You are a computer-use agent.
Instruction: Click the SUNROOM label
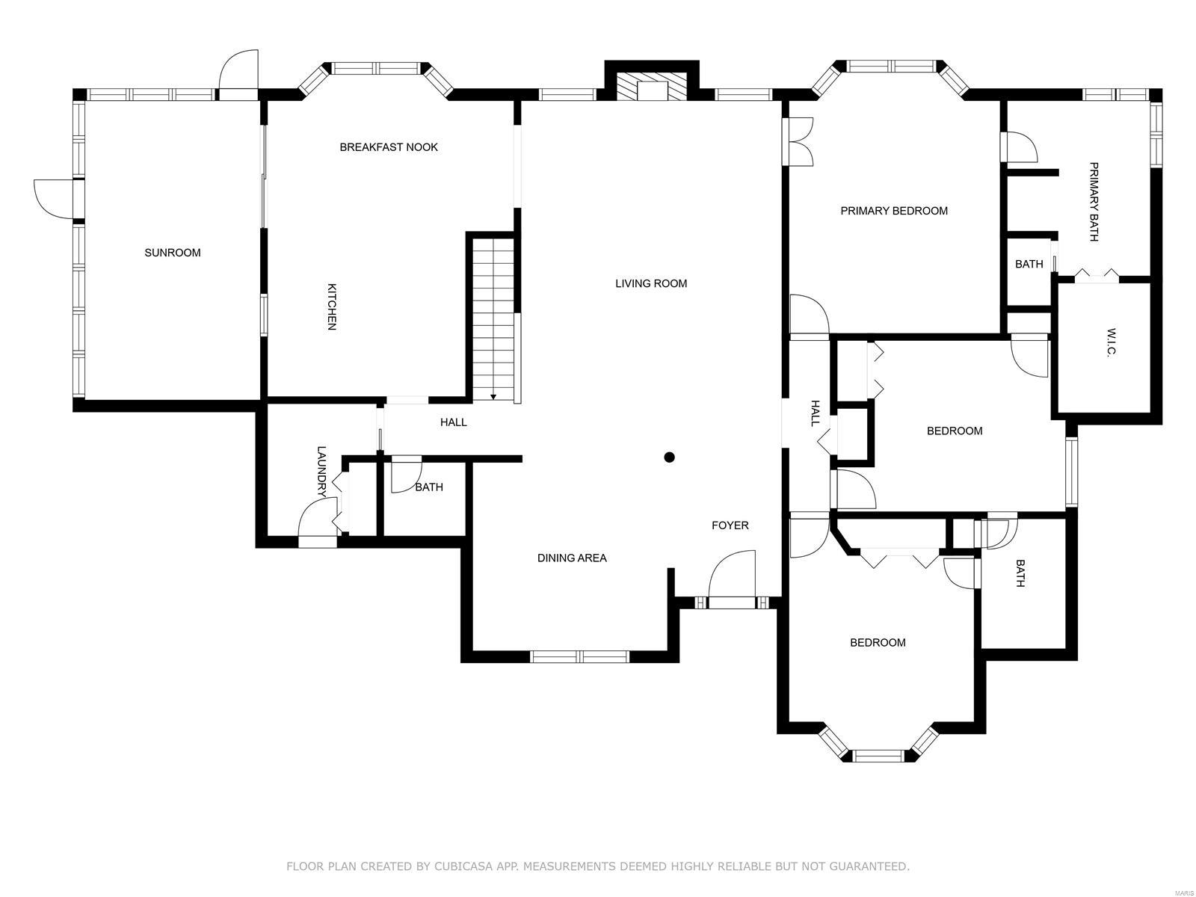(172, 252)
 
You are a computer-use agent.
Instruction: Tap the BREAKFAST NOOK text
(388, 147)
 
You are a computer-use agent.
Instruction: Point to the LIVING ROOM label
(650, 283)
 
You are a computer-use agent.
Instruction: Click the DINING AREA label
(572, 558)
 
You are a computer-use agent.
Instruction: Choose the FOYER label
(730, 525)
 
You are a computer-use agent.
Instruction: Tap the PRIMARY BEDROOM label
(893, 211)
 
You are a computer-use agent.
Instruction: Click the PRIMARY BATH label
(1093, 202)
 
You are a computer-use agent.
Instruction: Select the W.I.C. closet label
(1112, 342)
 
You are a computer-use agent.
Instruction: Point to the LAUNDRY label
(321, 472)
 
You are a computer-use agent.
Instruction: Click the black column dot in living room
(669, 457)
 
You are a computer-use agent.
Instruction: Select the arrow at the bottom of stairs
(493, 397)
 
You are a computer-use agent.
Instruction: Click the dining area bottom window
(579, 656)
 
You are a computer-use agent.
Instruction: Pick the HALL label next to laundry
(453, 422)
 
